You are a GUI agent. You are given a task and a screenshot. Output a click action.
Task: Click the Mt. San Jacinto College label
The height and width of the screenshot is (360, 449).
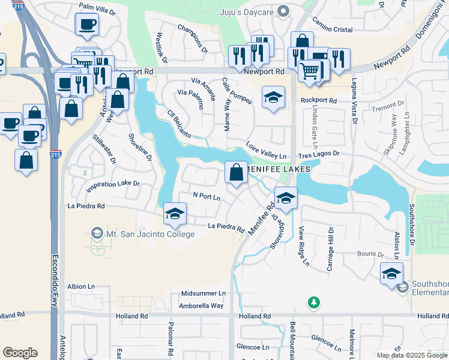coord(150,233)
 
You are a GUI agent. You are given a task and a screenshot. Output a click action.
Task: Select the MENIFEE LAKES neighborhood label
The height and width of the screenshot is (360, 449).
coord(281,169)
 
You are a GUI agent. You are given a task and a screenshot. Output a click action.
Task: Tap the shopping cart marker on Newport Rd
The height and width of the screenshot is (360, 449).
coord(309,71)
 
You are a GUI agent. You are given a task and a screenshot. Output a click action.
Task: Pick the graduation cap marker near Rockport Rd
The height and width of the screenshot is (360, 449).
coord(273,97)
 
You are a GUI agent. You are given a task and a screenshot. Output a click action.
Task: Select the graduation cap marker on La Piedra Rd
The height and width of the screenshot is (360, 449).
coord(175,214)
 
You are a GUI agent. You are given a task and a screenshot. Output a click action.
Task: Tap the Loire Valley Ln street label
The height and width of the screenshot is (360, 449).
coord(267,150)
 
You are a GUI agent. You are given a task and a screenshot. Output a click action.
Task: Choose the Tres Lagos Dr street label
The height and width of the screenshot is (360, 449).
coord(319,154)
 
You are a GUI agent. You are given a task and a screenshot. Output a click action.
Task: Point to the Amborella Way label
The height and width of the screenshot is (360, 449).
coord(201,306)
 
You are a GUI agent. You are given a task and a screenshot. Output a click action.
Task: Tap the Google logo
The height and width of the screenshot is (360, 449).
coord(20,353)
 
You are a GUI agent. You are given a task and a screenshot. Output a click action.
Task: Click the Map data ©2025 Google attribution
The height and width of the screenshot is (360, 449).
coord(411,355)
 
